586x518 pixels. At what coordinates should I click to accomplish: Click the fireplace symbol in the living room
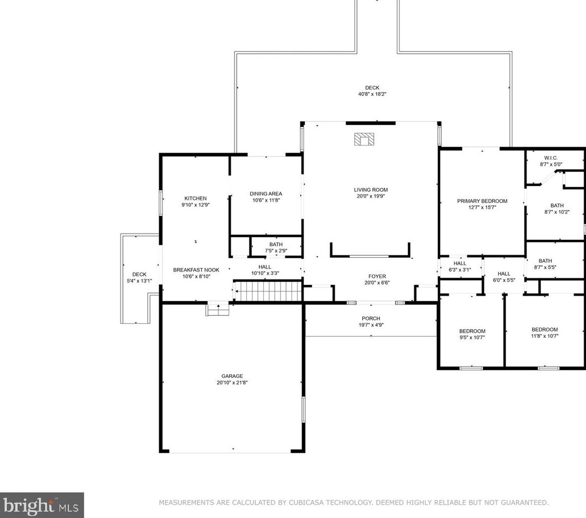[364, 139]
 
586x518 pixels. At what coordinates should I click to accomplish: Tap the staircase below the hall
[268, 291]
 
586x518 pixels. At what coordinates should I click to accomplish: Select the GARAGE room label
[232, 376]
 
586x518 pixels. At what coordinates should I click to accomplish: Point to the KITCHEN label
[195, 198]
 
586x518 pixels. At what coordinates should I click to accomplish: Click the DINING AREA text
[266, 194]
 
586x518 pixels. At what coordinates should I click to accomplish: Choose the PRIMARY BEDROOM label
[482, 201]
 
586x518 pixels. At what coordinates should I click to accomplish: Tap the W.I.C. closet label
[551, 158]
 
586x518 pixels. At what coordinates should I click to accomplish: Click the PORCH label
[371, 318]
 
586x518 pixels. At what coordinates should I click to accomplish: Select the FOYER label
[377, 277]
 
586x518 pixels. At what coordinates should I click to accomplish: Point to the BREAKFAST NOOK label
[196, 270]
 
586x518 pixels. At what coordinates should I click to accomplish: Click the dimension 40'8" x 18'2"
[372, 94]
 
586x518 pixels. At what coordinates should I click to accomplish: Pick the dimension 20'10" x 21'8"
[232, 383]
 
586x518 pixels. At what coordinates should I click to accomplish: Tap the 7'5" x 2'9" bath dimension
[276, 251]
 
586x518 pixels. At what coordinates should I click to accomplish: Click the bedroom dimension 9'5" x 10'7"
[472, 338]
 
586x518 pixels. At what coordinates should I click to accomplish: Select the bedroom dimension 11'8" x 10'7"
[545, 336]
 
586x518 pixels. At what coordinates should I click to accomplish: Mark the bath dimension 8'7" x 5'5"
[545, 267]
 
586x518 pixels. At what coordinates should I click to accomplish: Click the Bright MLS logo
[42, 505]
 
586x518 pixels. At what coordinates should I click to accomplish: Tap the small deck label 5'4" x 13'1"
[139, 281]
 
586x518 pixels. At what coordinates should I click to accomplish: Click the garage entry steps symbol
[218, 309]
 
